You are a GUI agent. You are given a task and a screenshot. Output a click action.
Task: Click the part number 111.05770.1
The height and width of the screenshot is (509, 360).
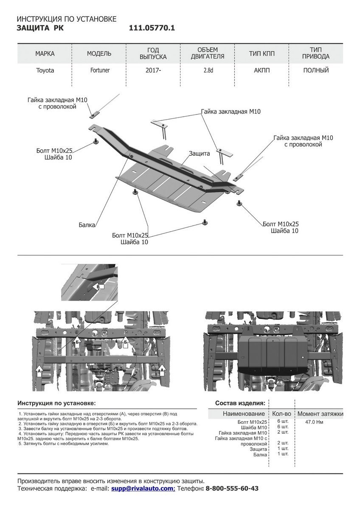click(x=152, y=28)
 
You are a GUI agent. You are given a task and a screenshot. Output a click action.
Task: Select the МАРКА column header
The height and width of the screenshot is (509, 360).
click(x=45, y=53)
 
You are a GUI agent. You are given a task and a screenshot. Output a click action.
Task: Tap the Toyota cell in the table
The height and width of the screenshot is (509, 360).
click(x=45, y=70)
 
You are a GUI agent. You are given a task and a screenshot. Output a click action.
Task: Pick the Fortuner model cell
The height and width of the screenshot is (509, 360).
click(x=99, y=70)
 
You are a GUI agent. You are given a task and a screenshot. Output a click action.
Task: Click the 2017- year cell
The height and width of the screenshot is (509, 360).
click(x=153, y=70)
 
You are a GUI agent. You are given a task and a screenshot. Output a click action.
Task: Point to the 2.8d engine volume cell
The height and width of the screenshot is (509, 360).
click(x=208, y=70)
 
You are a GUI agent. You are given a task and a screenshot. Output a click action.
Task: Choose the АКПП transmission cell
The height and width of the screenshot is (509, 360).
click(x=262, y=70)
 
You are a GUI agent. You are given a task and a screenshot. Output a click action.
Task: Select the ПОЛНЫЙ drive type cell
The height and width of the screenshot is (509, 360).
click(x=316, y=70)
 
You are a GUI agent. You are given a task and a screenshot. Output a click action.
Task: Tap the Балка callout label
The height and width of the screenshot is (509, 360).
click(x=87, y=225)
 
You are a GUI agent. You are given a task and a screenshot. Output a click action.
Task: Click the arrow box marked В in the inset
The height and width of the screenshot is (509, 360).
click(x=98, y=287)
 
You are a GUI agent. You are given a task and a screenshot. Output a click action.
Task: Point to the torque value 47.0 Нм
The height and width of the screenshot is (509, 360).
click(x=314, y=422)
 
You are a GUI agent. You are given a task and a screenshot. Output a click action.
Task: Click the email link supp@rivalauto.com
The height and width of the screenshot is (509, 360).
click(x=143, y=489)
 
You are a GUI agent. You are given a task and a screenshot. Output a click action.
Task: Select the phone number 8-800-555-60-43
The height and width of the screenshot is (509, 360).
click(x=232, y=489)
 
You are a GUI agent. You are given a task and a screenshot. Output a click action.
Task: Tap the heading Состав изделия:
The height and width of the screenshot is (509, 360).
click(x=240, y=403)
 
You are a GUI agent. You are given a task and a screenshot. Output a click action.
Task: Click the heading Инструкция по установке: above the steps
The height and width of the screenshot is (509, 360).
click(x=56, y=403)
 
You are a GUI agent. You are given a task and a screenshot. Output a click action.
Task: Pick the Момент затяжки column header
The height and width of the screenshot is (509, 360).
click(x=320, y=414)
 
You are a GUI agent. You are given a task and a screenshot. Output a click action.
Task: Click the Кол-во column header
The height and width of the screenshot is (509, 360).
click(x=281, y=414)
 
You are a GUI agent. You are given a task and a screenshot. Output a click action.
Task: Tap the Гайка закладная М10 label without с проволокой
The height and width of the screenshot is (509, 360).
click(x=231, y=112)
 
